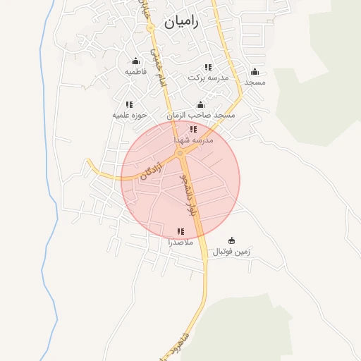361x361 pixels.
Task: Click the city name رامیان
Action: click(x=182, y=22)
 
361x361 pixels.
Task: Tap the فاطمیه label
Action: click(x=135, y=72)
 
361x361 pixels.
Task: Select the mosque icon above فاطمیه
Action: click(x=135, y=61)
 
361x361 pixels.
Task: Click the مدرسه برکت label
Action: click(x=209, y=77)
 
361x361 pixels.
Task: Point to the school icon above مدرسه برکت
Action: click(x=209, y=66)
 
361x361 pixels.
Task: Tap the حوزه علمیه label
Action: click(x=130, y=114)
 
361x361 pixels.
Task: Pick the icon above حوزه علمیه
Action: click(x=130, y=104)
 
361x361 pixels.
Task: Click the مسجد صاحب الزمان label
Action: click(x=201, y=115)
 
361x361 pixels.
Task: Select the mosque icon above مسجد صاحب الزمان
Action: click(x=201, y=104)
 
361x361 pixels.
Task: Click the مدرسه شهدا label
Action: click(x=207, y=140)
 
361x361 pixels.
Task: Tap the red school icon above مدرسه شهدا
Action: click(x=193, y=129)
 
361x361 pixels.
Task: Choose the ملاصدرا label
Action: click(x=180, y=242)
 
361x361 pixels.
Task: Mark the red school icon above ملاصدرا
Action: click(x=180, y=231)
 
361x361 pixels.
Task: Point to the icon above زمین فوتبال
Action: click(x=233, y=240)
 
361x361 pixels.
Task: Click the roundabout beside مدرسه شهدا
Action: click(x=181, y=151)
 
